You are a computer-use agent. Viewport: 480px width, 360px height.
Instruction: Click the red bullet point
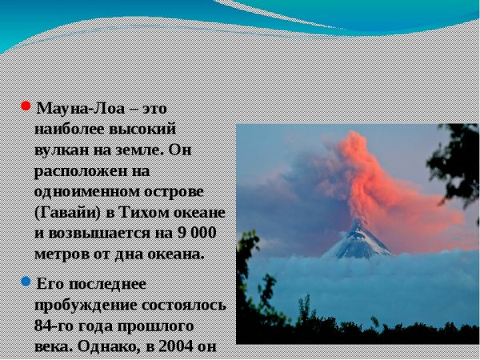click(26, 106)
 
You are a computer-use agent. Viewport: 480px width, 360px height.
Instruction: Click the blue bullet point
click(26, 282)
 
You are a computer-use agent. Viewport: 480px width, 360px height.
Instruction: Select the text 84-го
click(54, 326)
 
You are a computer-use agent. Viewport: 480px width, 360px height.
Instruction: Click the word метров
click(60, 254)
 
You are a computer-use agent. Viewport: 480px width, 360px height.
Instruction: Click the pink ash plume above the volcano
click(376, 176)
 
